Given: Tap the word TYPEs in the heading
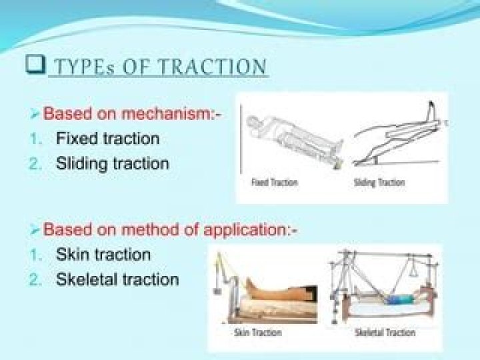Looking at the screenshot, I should click(x=79, y=67).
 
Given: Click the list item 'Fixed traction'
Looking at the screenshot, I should click(x=107, y=139).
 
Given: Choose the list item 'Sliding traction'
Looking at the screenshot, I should click(x=112, y=163).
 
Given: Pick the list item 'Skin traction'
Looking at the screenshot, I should click(x=103, y=254).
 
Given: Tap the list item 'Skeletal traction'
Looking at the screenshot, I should click(x=117, y=279).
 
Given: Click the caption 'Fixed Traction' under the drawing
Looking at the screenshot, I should click(x=275, y=183).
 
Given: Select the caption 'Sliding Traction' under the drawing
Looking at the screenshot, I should click(x=379, y=183).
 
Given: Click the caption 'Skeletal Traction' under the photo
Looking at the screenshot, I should click(x=385, y=332).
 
